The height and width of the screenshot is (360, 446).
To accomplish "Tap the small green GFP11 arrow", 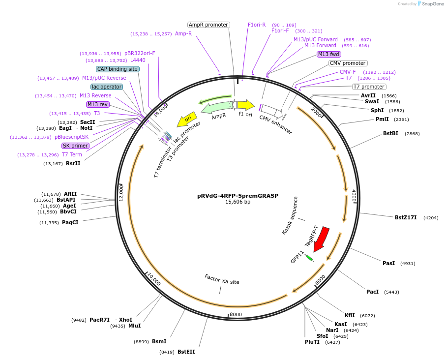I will click(x=309, y=258).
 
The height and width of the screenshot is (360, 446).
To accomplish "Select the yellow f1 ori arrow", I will click(x=246, y=105).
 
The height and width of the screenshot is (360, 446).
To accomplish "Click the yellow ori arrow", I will click(x=187, y=119).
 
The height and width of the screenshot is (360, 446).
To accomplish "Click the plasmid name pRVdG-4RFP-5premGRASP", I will click(x=238, y=195).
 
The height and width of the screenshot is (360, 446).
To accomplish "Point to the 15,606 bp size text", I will click(x=238, y=202).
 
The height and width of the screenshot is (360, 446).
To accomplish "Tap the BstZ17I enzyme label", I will click(x=406, y=217).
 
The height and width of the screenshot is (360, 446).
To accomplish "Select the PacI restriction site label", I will click(x=372, y=292).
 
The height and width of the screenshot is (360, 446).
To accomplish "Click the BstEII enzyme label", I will click(x=186, y=352).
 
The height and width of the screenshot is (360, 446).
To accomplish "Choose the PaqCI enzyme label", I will click(x=70, y=222).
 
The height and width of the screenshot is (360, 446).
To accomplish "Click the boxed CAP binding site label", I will click(x=118, y=69).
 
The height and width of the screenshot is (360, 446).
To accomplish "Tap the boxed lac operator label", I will click(x=107, y=87).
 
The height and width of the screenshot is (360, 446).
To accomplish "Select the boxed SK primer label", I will click(x=75, y=146).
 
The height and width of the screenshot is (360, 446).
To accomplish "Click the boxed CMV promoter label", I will click(x=348, y=63).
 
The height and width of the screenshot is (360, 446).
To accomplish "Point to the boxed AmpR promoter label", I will click(x=208, y=25).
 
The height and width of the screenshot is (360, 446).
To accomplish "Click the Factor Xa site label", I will click(x=222, y=279).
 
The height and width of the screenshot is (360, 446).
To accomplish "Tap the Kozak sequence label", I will click(x=290, y=215).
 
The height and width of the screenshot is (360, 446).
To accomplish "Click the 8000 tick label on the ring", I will click(x=236, y=314).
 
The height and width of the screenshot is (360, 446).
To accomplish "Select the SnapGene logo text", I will click(x=432, y=4).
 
